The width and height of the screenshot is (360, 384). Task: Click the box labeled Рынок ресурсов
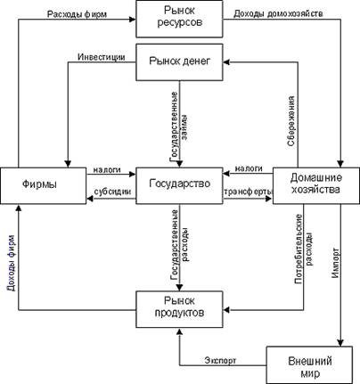pos(179,19)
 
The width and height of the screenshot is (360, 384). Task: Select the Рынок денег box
pos(179,62)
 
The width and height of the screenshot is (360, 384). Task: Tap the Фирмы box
pos(44,185)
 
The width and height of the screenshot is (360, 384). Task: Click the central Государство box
pos(179,185)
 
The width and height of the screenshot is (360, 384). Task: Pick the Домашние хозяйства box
pos(316,185)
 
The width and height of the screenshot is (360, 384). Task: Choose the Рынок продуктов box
pos(179,309)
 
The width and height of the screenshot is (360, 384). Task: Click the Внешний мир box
pos(309,365)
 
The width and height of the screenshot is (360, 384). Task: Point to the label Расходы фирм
pos(77,14)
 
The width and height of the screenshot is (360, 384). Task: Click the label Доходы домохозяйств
pos(278,13)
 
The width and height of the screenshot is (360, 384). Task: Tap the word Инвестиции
pos(102,57)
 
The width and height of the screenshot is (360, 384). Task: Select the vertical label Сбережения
pos(291,121)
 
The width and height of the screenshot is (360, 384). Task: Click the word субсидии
pos(112,192)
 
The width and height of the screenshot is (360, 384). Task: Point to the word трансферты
pos(248,192)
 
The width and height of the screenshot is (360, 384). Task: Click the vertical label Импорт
pos(335,263)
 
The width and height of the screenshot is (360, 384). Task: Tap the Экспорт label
pos(220,360)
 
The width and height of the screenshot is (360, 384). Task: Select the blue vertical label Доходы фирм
pos(12,263)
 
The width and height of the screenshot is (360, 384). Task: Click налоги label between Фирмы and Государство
pos(107,169)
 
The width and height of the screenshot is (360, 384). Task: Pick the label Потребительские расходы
pos(304,249)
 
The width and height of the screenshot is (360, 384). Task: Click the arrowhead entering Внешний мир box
pos(340,343)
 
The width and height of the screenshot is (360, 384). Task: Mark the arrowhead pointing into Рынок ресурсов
pos(133,20)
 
